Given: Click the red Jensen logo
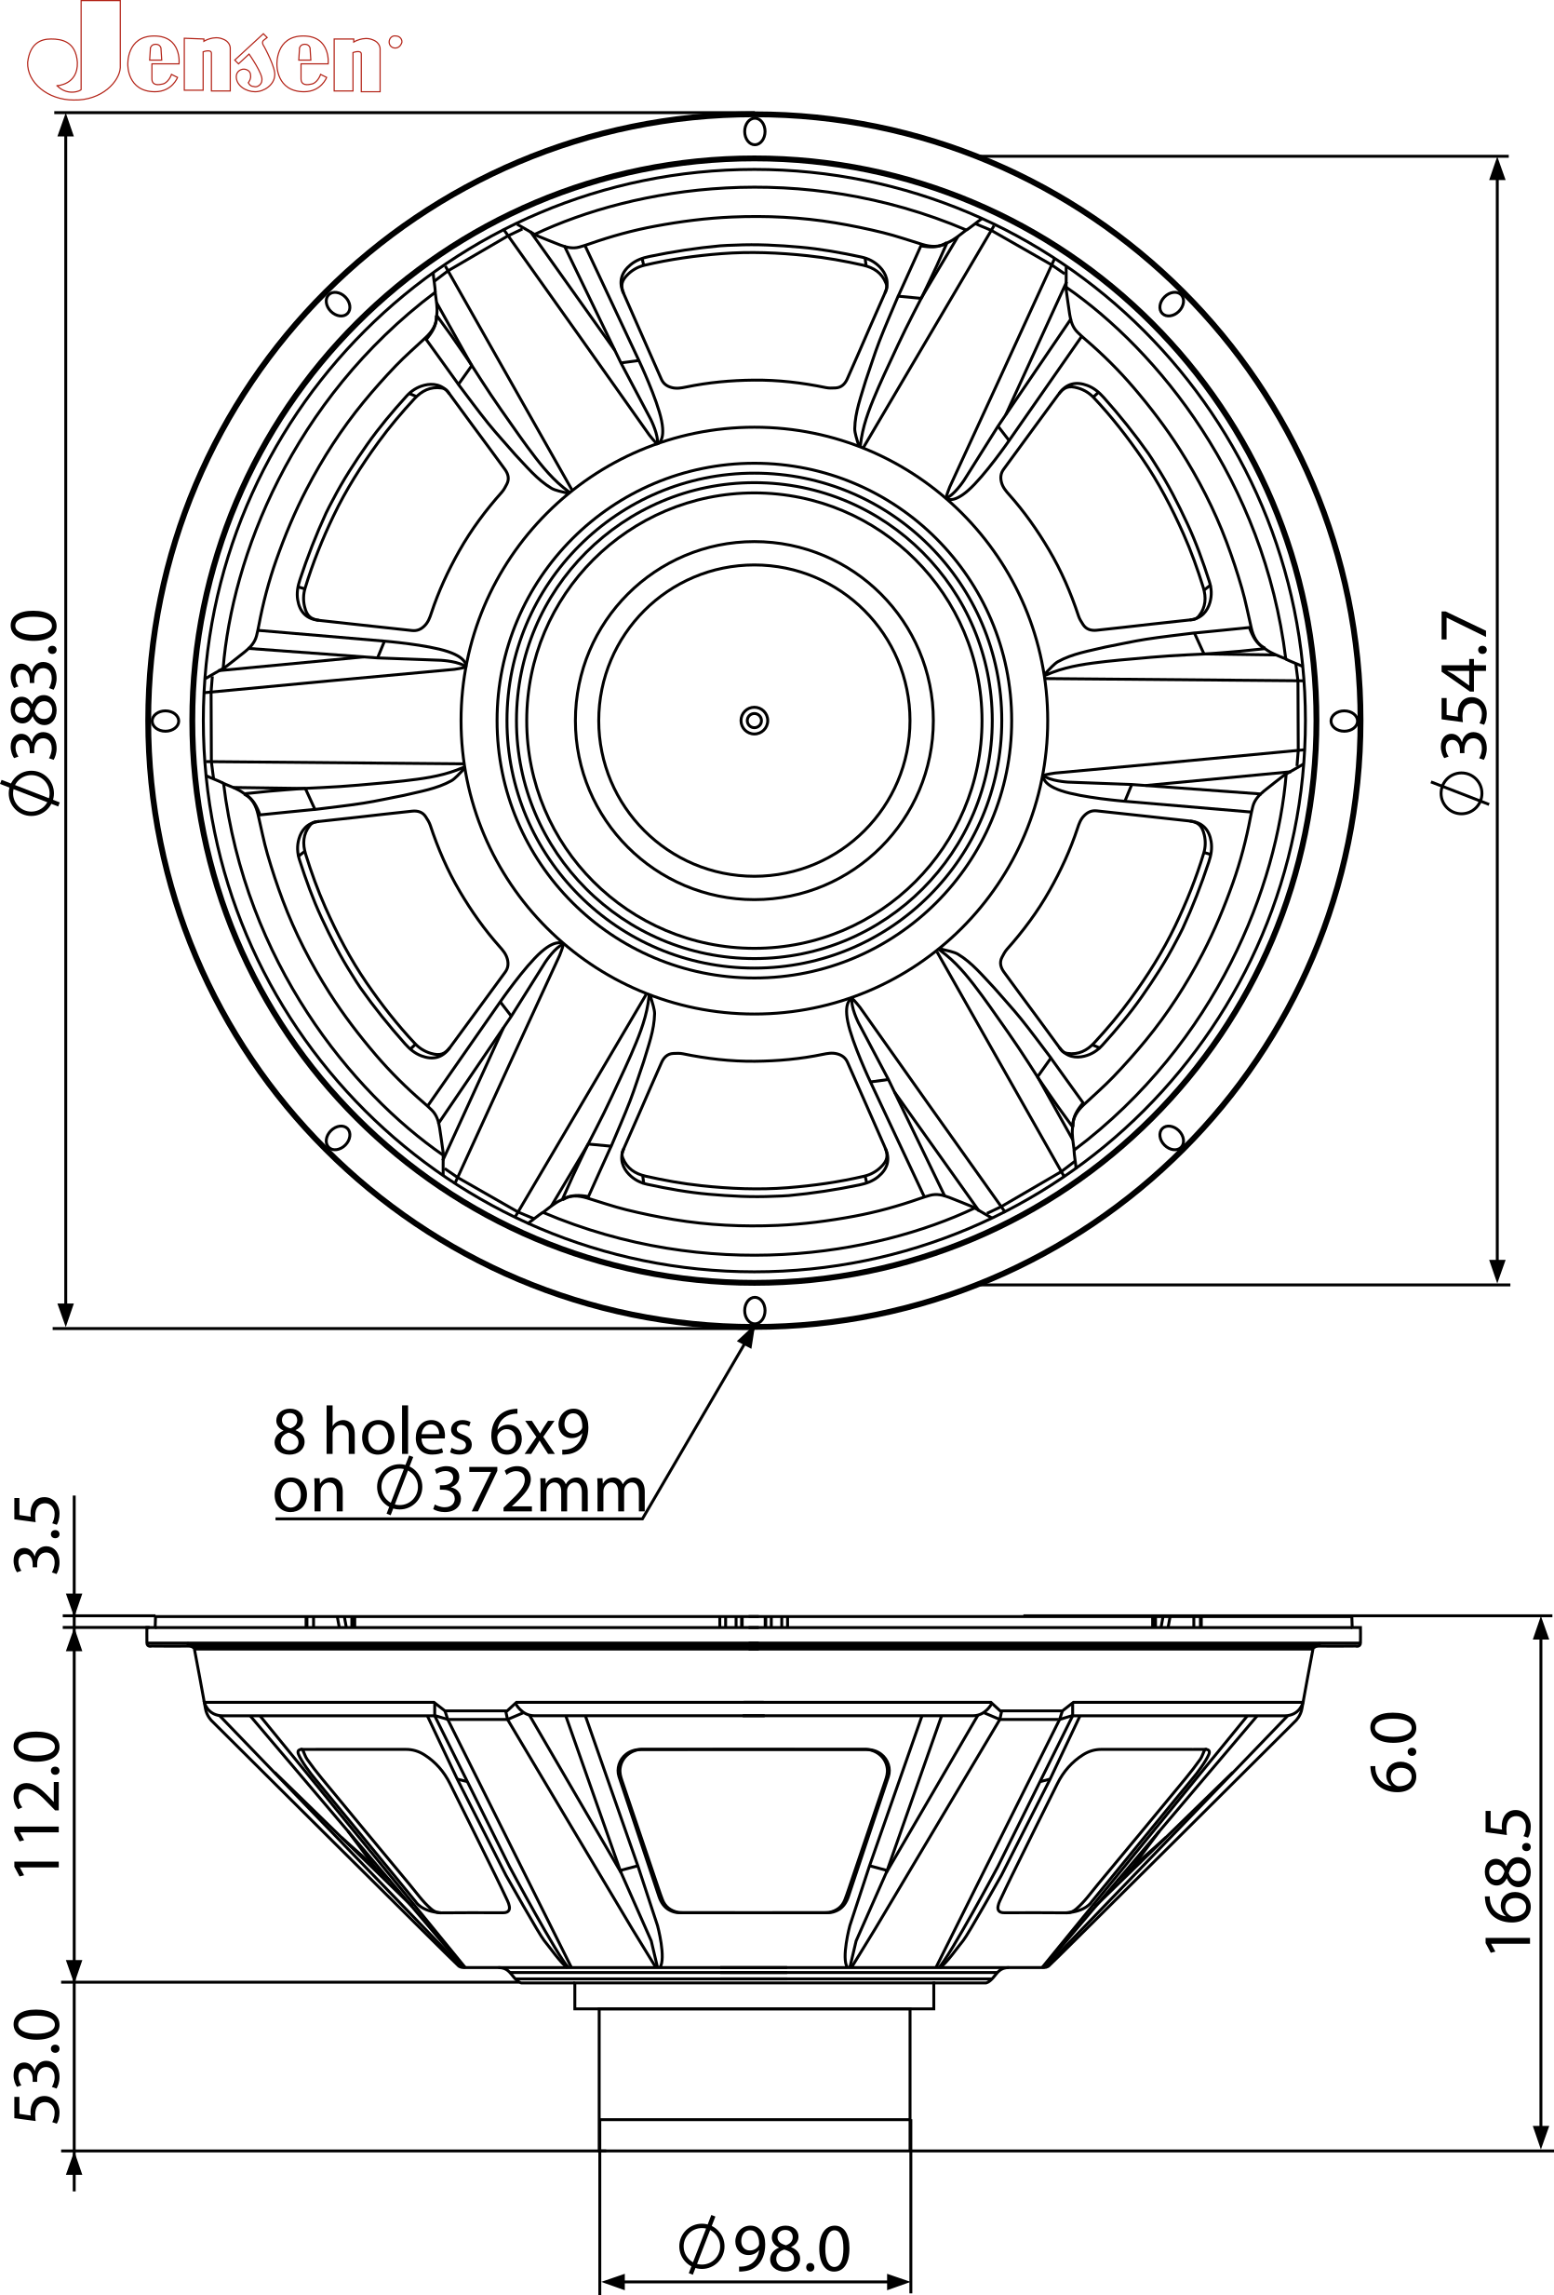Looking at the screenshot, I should pos(212,54).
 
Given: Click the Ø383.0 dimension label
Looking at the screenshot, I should pos(35,712).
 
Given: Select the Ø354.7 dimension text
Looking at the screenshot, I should pos(1464,712).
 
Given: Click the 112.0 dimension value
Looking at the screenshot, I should pos(39,1802).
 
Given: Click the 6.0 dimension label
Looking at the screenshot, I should pos(1395,1752).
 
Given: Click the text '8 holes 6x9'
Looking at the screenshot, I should pos(432,1432).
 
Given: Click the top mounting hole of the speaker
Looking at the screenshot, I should pos(755,131).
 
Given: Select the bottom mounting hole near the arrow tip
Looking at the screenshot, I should pos(755,1311).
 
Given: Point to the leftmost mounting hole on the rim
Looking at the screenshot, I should pos(166,721).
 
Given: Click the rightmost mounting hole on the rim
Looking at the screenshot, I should pos(1344,721).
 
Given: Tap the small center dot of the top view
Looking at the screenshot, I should pos(755,721).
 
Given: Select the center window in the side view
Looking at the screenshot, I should pos(755,1829).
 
